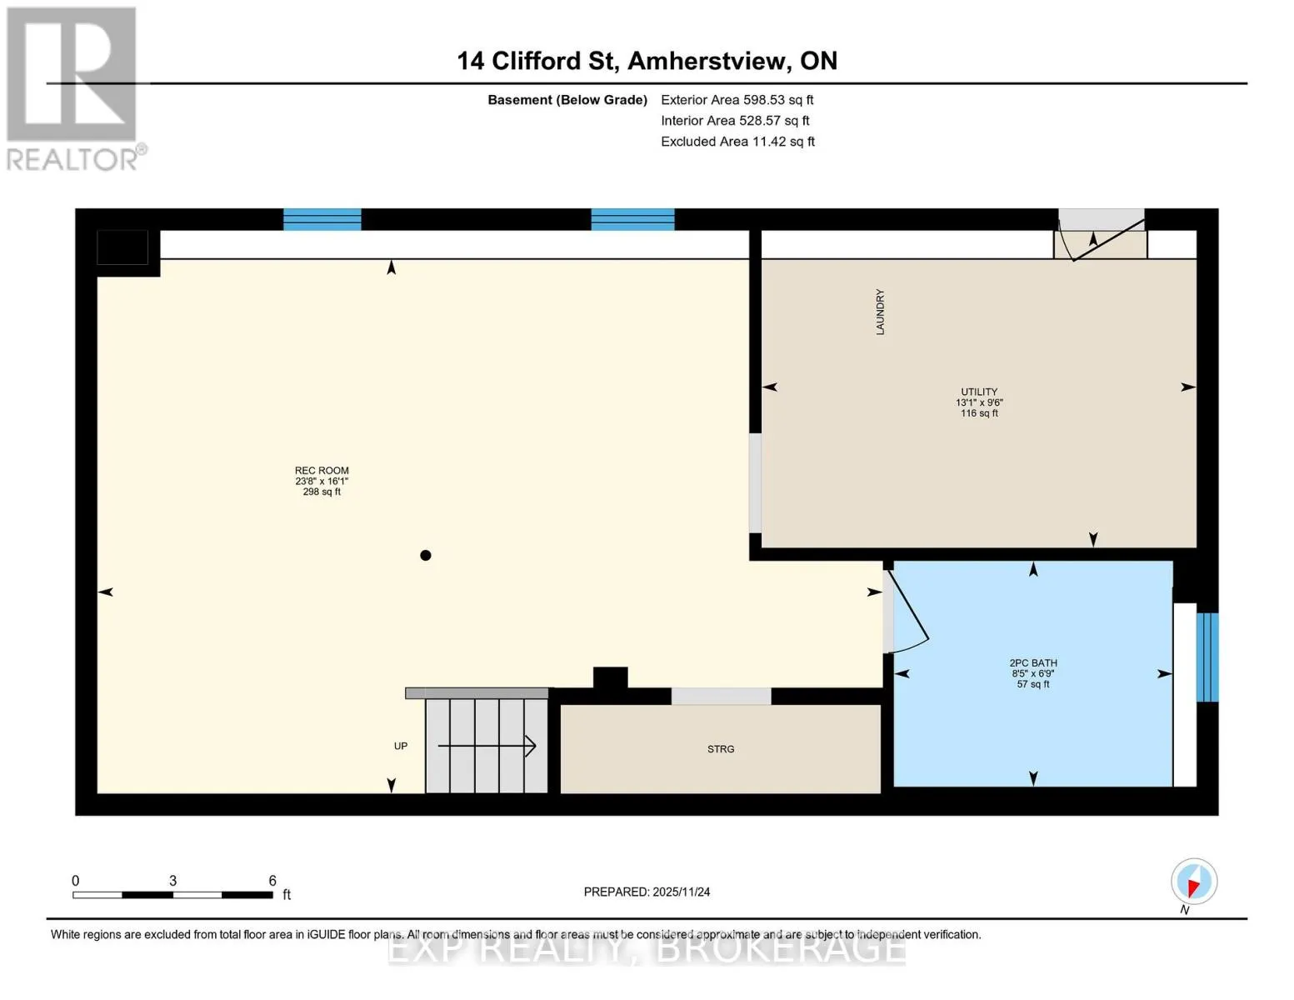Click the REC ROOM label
[x=322, y=471]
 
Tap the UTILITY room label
[x=979, y=392]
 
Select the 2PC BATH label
[x=1033, y=662]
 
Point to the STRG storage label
[x=721, y=749]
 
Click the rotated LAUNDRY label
[x=880, y=312]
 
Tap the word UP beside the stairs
[x=401, y=747]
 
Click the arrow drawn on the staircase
[x=487, y=747]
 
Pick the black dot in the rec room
[x=425, y=556]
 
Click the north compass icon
[x=1194, y=882]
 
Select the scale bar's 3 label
[x=172, y=881]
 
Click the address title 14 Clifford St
[x=536, y=61]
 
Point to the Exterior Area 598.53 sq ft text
[x=737, y=100]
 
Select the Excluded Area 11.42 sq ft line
[x=737, y=142]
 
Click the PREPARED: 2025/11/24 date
[x=647, y=892]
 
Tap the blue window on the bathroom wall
[x=1208, y=657]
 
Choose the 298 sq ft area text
[x=322, y=492]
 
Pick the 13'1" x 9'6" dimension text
[x=979, y=402]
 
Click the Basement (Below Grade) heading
[x=567, y=100]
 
